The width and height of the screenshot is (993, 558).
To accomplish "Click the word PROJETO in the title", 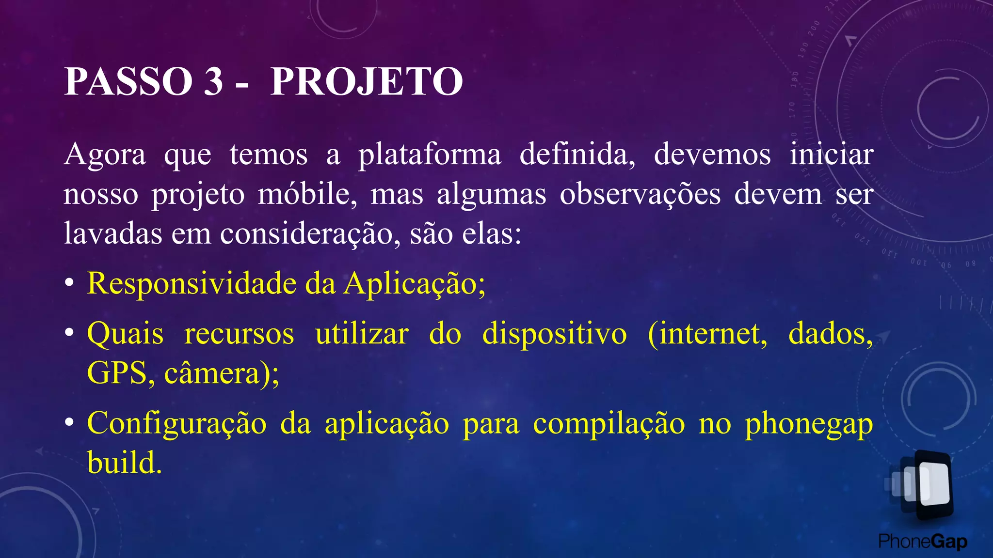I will pyautogui.click(x=366, y=81).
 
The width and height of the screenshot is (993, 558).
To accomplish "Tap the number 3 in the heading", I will pyautogui.click(x=213, y=81).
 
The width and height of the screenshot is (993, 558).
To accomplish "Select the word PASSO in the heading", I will pyautogui.click(x=128, y=81).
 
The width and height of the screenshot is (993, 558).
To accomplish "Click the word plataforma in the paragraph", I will pyautogui.click(x=430, y=155).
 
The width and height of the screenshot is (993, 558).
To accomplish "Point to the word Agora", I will pyautogui.click(x=105, y=155).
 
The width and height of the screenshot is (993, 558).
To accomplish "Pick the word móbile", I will pyautogui.click(x=307, y=195).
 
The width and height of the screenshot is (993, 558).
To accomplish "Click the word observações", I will pyautogui.click(x=640, y=195).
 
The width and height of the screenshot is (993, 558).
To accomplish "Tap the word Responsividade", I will pyautogui.click(x=192, y=283).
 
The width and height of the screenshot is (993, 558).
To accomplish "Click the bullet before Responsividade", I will pyautogui.click(x=70, y=284).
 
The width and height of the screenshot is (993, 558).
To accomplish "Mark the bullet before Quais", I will pyautogui.click(x=70, y=334).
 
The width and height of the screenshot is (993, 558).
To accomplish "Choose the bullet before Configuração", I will pyautogui.click(x=70, y=423).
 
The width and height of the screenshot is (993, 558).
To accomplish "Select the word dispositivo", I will pyautogui.click(x=554, y=334).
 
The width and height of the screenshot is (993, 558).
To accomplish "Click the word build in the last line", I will pyautogui.click(x=124, y=463).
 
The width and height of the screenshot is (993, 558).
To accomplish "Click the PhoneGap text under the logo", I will pyautogui.click(x=923, y=542).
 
